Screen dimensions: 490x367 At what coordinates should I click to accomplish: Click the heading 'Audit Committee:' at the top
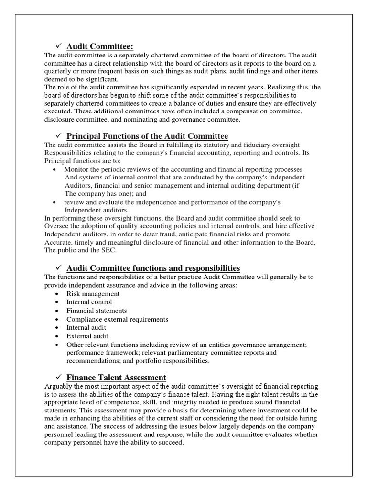(99, 46)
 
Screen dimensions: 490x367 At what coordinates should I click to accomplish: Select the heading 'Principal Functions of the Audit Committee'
(147, 136)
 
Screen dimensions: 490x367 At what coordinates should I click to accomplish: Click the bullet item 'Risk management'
(93, 294)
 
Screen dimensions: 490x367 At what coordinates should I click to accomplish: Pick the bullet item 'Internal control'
(89, 302)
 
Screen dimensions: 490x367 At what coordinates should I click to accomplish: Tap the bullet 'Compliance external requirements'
(117, 319)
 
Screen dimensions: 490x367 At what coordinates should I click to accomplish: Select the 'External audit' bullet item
(87, 336)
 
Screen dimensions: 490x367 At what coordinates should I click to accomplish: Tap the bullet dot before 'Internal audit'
(58, 328)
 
